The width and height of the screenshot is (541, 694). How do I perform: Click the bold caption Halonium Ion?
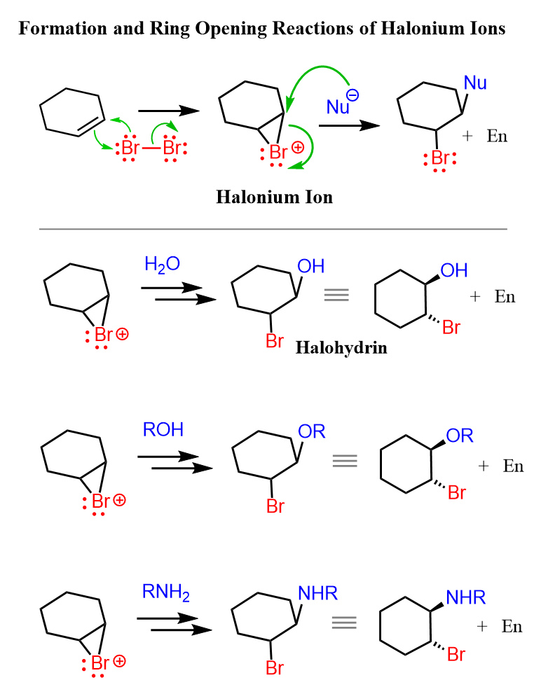click(274, 197)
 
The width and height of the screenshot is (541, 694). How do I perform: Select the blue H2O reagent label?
click(162, 265)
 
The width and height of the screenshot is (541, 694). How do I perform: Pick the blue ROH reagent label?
click(163, 429)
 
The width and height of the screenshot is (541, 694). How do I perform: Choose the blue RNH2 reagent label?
click(166, 593)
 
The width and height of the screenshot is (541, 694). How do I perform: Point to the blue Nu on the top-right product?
click(475, 83)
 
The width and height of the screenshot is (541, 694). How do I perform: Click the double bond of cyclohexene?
click(89, 124)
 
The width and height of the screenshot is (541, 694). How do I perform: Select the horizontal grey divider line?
click(273, 229)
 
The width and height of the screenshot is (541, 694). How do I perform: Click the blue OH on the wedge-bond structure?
click(453, 270)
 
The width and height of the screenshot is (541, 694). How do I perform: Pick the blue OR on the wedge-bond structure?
click(460, 436)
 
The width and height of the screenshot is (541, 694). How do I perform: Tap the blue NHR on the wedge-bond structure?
click(465, 598)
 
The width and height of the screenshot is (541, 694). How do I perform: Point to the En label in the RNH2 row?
click(512, 626)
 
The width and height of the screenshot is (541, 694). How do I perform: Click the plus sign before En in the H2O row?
click(475, 297)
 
